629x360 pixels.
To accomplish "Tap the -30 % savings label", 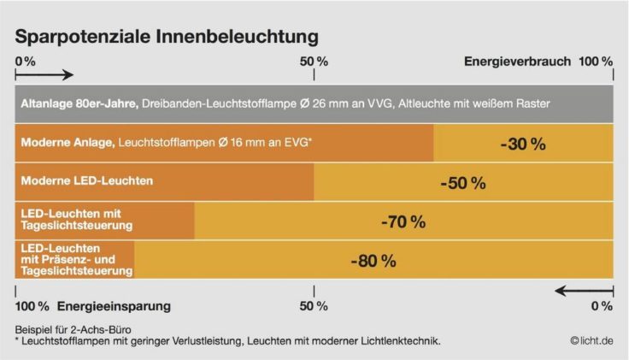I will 523,144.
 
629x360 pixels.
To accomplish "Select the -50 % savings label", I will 462,183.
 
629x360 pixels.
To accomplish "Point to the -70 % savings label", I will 403,222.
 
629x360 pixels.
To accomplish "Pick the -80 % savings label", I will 373,261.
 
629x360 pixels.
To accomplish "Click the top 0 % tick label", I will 26,62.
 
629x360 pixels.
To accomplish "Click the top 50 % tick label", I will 314,62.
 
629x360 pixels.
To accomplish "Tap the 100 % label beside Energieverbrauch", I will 595,62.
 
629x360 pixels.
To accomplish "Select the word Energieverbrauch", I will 516,62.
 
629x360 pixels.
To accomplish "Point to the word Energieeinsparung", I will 115,305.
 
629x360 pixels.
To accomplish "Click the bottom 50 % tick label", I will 314,305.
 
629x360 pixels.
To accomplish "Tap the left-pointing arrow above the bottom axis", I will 584,291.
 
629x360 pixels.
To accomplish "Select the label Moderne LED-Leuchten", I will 86,181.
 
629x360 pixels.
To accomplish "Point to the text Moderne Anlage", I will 67,142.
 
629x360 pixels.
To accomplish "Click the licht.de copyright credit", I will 591,340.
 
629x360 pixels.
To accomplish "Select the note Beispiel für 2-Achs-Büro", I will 73,329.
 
